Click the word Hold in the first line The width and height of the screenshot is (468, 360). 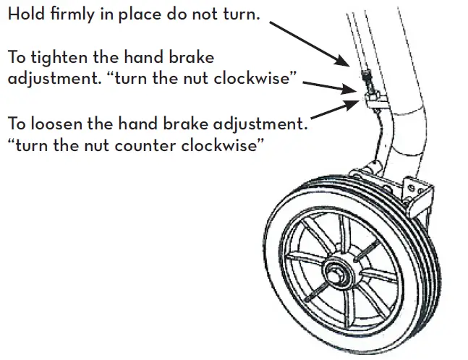click(x=25, y=14)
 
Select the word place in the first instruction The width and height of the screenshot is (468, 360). click(x=136, y=15)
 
